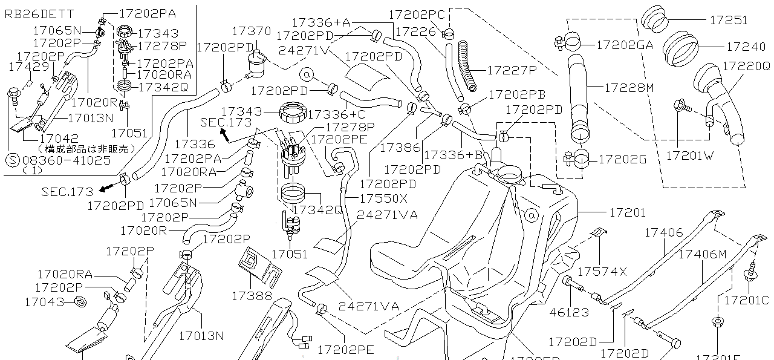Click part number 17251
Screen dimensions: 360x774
click(x=728, y=20)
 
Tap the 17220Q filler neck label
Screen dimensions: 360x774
click(x=746, y=66)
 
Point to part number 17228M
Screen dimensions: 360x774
click(x=629, y=88)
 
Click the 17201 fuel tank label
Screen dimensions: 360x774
click(x=627, y=212)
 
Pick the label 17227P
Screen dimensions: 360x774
click(x=512, y=70)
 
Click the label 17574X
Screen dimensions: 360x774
click(x=602, y=271)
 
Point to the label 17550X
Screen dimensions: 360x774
click(x=383, y=198)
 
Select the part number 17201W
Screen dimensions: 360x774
click(x=690, y=155)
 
